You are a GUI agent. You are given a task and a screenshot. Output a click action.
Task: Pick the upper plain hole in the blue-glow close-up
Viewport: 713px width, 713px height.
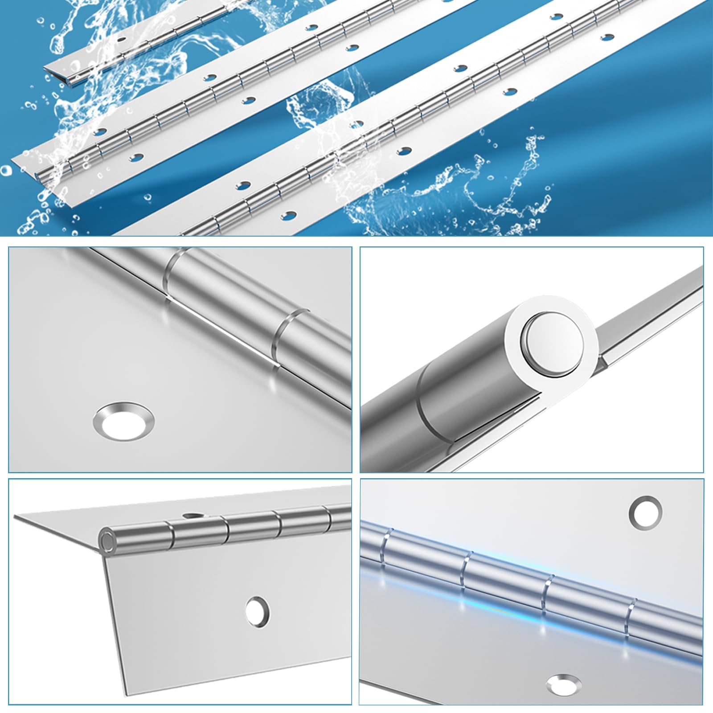pos(645,511)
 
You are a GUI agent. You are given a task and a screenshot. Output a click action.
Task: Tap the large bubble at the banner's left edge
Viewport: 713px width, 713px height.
pos(6,171)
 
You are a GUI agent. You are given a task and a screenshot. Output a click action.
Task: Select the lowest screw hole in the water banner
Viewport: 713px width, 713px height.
pos(291,215)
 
